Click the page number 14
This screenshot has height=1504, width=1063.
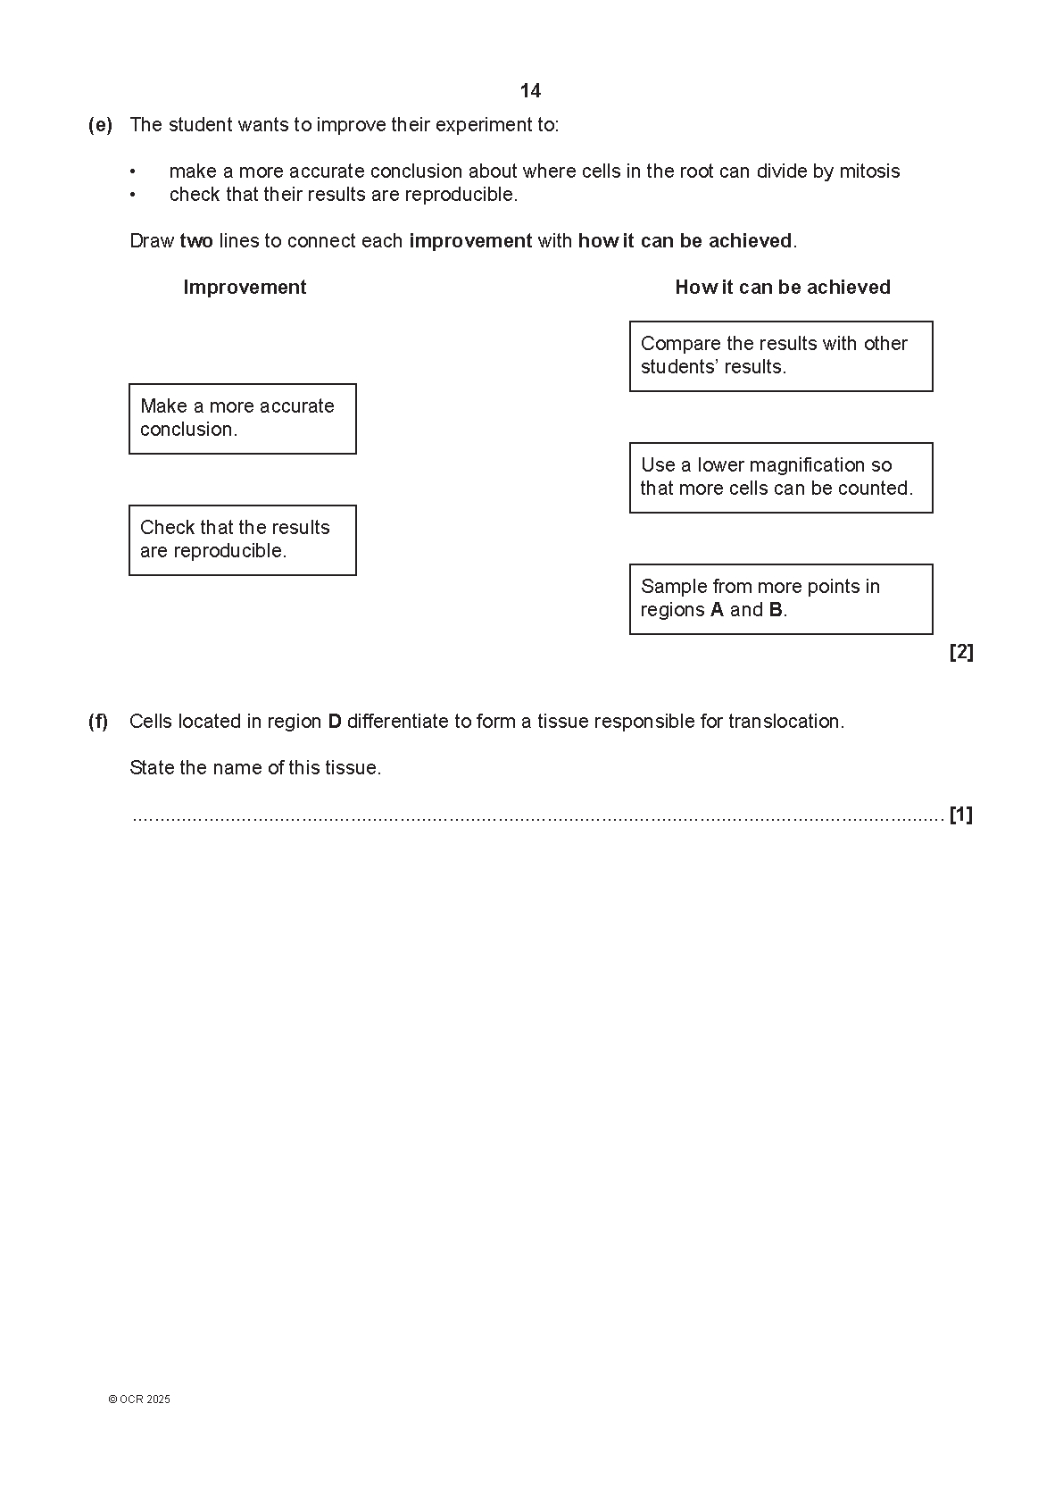click(x=530, y=91)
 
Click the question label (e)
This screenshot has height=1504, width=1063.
click(x=100, y=125)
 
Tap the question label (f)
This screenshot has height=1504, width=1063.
click(x=98, y=722)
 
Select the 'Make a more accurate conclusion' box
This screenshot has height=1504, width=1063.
click(x=242, y=419)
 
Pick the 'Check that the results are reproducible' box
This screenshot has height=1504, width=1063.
click(x=242, y=540)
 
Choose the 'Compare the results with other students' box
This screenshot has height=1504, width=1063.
click(x=781, y=356)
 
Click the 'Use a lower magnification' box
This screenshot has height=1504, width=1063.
click(x=781, y=478)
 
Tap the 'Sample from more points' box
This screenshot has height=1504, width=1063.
click(x=781, y=599)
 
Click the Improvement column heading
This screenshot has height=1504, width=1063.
click(x=245, y=288)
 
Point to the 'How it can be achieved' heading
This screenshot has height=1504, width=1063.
click(x=783, y=288)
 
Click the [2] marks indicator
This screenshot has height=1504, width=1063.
click(x=961, y=653)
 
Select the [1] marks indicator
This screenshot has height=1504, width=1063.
click(x=961, y=815)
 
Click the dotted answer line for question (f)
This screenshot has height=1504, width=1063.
click(x=536, y=817)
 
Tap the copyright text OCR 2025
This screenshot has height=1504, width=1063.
click(x=139, y=1400)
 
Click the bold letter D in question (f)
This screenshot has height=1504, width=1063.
click(x=335, y=722)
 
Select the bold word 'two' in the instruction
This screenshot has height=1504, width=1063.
click(x=196, y=241)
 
